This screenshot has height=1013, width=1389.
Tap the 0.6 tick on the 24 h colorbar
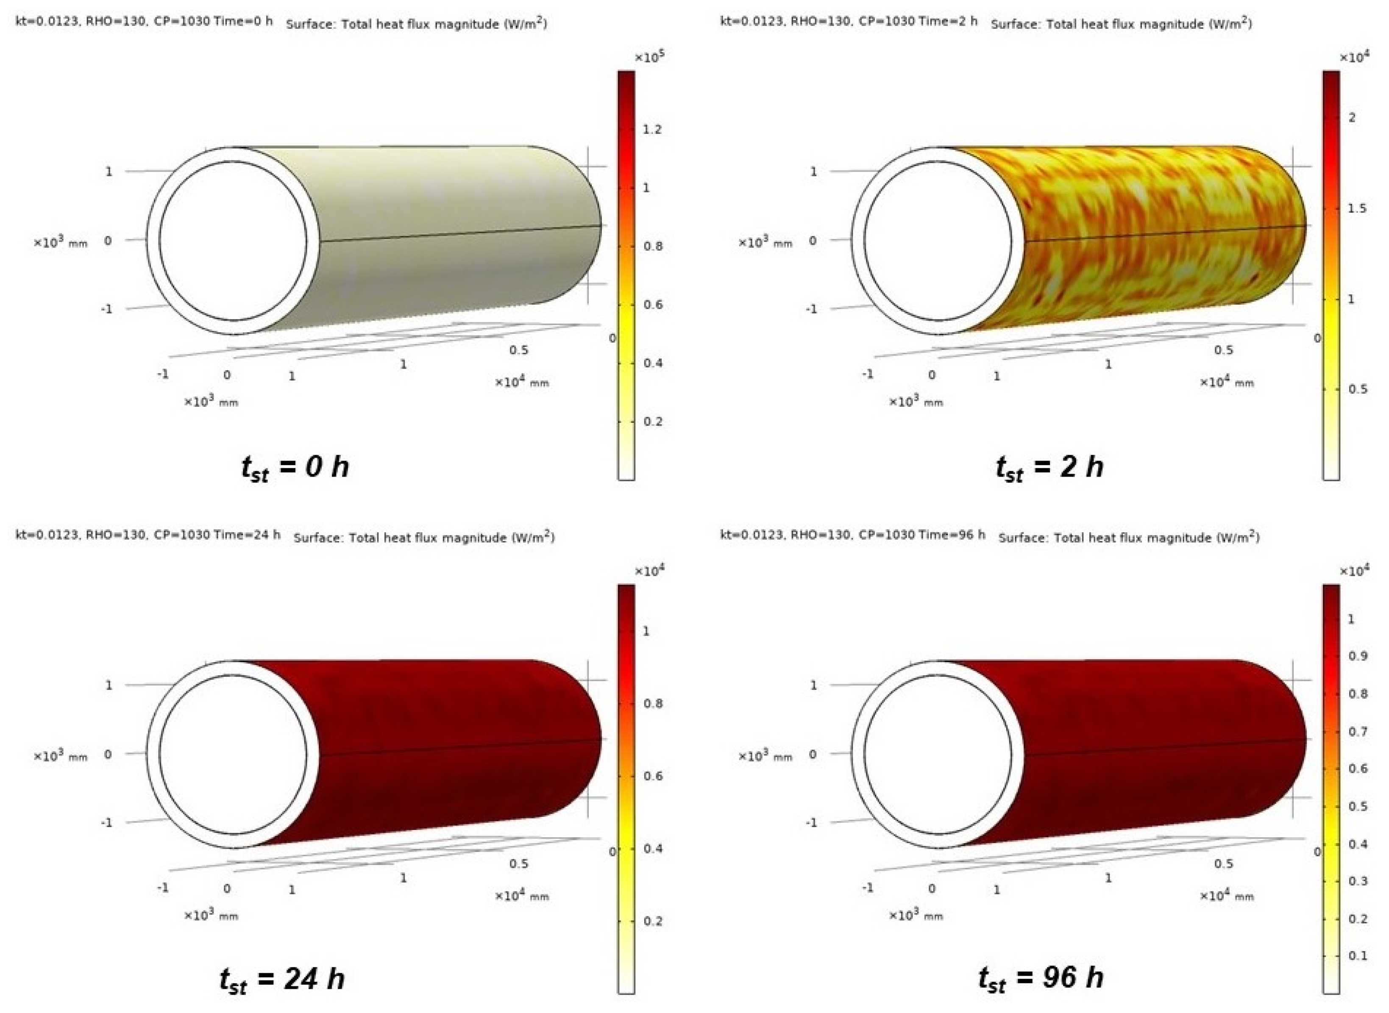click(x=653, y=776)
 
